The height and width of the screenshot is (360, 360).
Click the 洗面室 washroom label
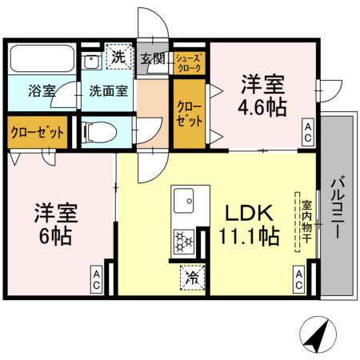coord(108,91)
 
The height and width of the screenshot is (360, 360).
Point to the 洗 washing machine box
coord(118,58)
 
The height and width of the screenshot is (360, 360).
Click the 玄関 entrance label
coord(153,58)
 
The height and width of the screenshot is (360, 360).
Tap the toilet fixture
coord(99,131)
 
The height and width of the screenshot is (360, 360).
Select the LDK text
coord(248,213)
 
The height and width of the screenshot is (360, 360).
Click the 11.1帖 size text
coord(250,237)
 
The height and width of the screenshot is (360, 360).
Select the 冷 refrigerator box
coord(192,277)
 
